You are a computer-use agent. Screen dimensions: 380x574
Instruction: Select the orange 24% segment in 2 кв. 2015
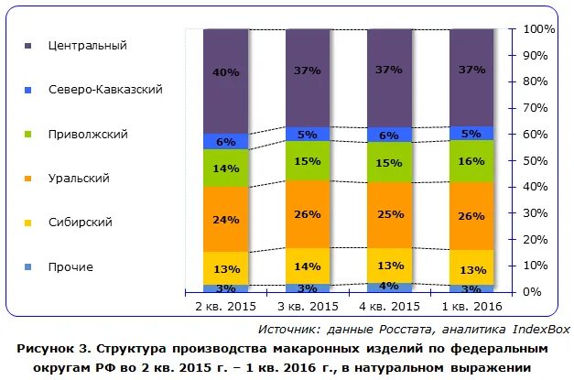pyautogui.click(x=226, y=219)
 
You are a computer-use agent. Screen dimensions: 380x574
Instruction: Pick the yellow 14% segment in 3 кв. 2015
pyautogui.click(x=309, y=266)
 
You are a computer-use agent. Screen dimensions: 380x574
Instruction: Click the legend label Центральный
pyautogui.click(x=87, y=45)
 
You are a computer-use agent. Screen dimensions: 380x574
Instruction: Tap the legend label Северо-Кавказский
pyautogui.click(x=105, y=90)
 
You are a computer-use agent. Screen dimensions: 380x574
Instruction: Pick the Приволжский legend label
pyautogui.click(x=88, y=134)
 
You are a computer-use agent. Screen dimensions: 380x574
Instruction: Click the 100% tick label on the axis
pyautogui.click(x=538, y=29)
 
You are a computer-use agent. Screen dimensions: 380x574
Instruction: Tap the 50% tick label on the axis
pyautogui.click(x=536, y=160)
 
